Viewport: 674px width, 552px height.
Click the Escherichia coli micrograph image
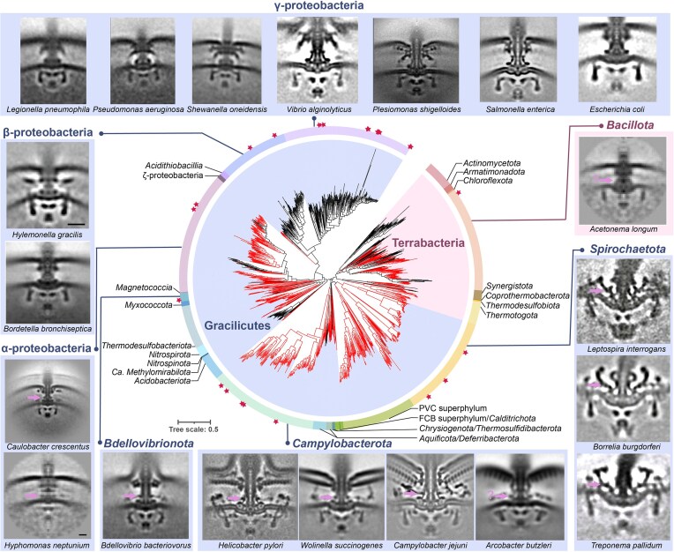[618, 59]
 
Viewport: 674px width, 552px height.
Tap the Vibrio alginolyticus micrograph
[318, 59]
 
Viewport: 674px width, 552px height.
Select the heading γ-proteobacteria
[318, 5]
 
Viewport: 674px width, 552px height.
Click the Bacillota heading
[630, 125]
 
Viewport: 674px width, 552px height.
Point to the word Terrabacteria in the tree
[428, 243]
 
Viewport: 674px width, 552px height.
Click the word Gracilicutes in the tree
[237, 325]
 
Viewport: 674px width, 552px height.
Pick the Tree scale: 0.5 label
[193, 429]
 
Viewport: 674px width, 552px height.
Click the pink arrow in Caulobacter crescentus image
[34, 398]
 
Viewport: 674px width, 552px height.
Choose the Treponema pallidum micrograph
[624, 496]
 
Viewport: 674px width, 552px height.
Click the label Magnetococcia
[144, 287]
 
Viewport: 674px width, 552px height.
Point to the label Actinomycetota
[491, 163]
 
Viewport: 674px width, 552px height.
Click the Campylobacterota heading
[342, 444]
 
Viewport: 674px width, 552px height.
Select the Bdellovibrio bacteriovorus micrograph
[146, 496]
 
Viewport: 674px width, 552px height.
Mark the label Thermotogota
[512, 316]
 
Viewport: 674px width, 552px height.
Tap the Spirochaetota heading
[627, 250]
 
